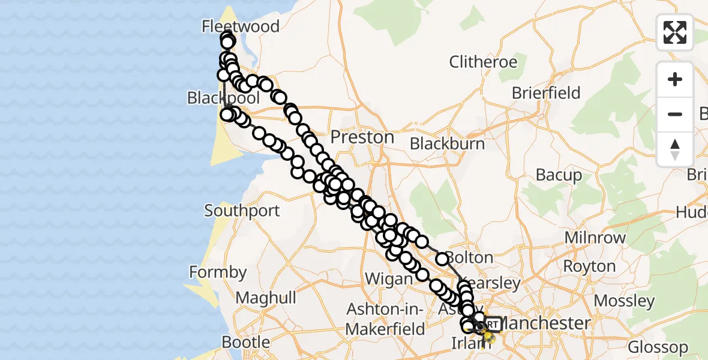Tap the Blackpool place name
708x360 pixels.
(x=223, y=98)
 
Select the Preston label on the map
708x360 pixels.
(x=362, y=137)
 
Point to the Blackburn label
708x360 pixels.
(x=447, y=143)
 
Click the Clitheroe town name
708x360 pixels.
(x=483, y=62)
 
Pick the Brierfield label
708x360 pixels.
(x=546, y=93)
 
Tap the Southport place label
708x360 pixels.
(x=242, y=211)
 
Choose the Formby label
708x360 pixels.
(x=218, y=272)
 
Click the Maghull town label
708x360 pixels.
(x=266, y=298)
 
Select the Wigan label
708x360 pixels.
(x=388, y=279)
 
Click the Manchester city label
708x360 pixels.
(x=545, y=323)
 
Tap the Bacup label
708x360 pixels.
(x=559, y=175)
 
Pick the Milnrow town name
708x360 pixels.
(x=595, y=238)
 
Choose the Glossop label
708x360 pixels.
(x=658, y=347)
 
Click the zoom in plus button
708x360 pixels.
(x=675, y=79)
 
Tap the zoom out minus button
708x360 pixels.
(x=675, y=114)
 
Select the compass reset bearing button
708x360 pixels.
(x=675, y=149)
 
